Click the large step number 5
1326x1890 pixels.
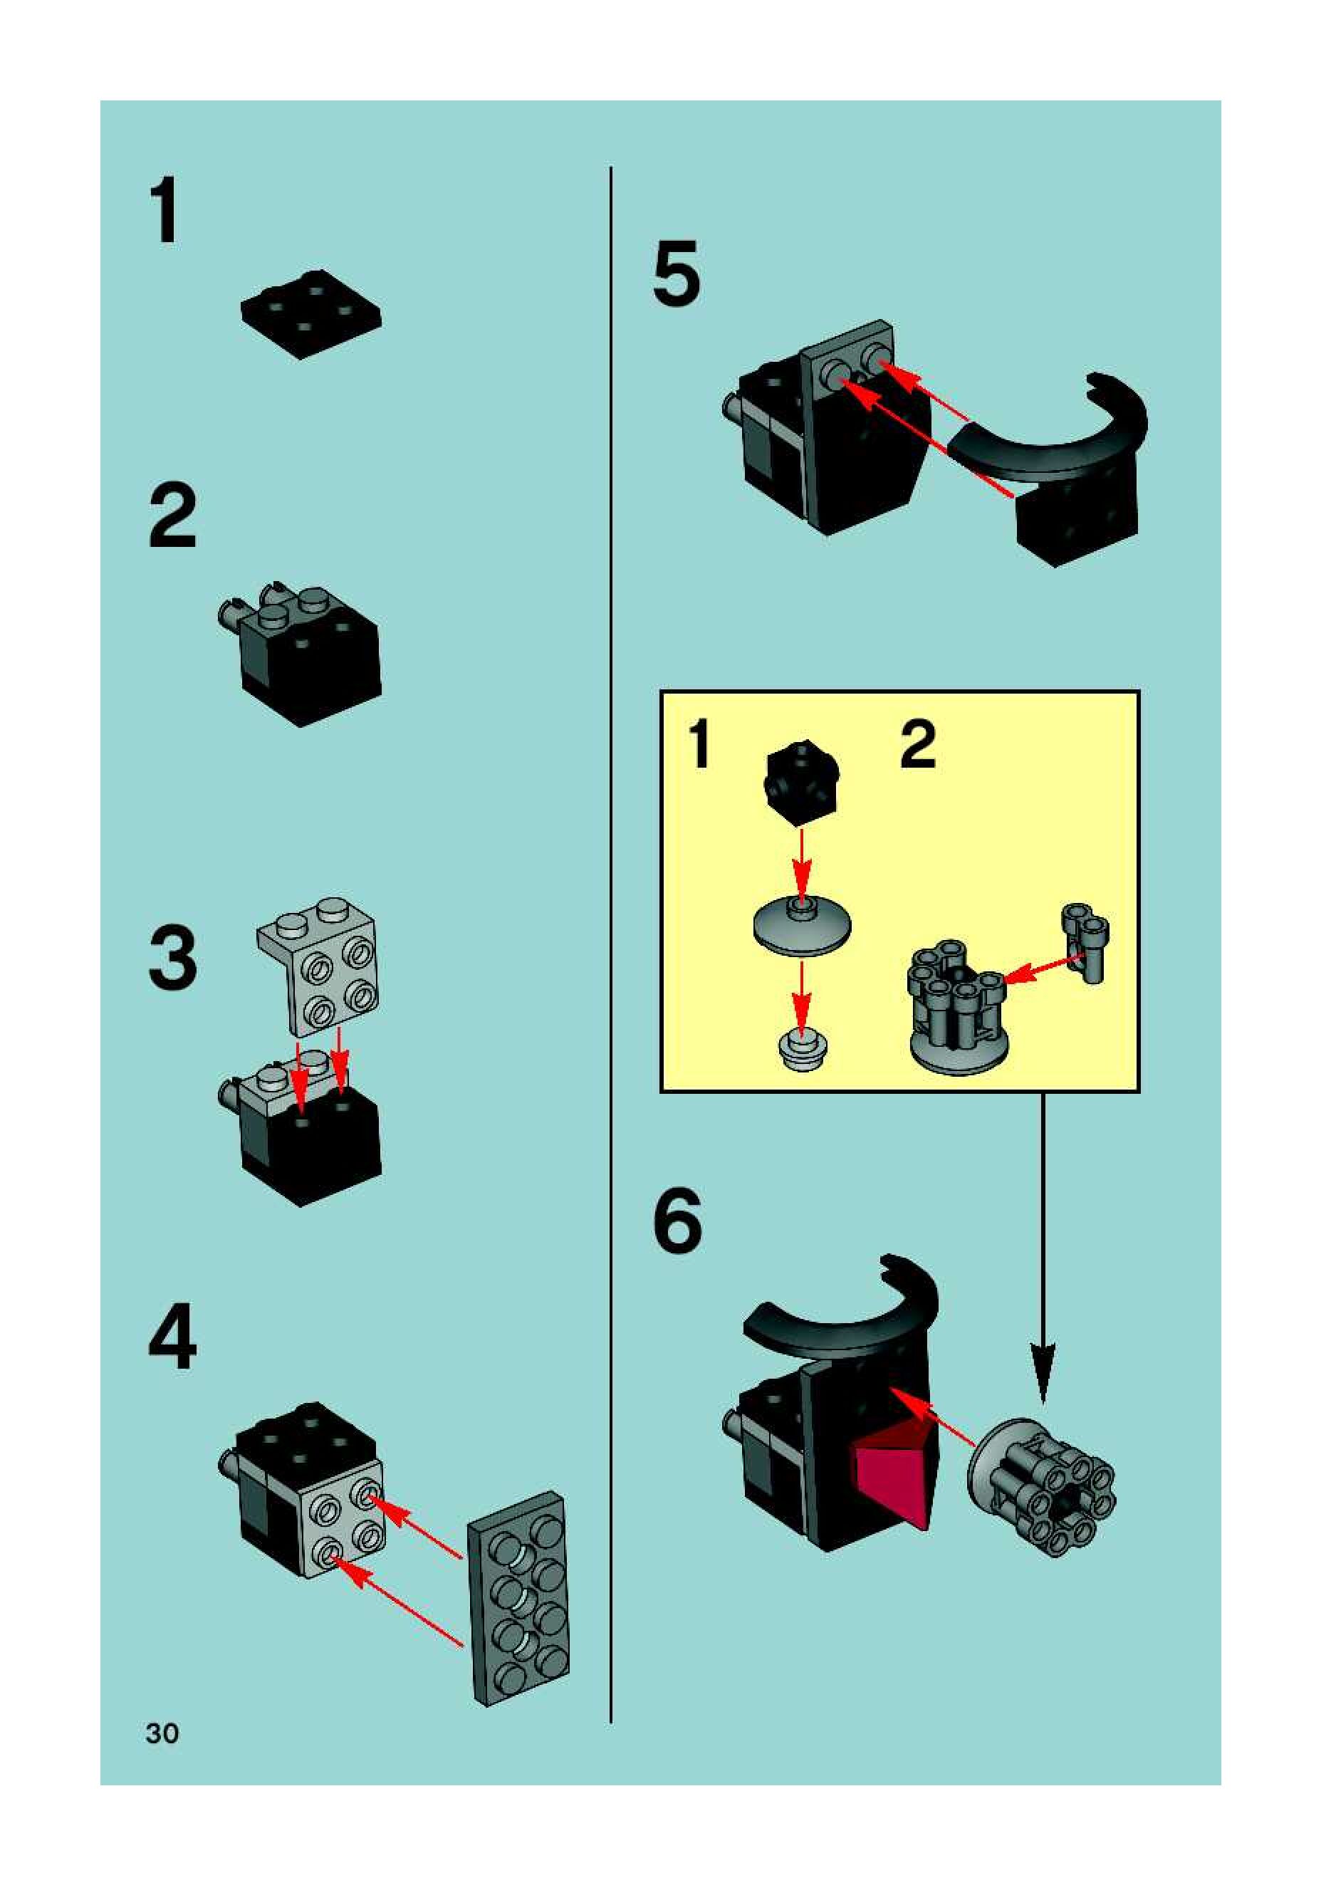pyautogui.click(x=677, y=273)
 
